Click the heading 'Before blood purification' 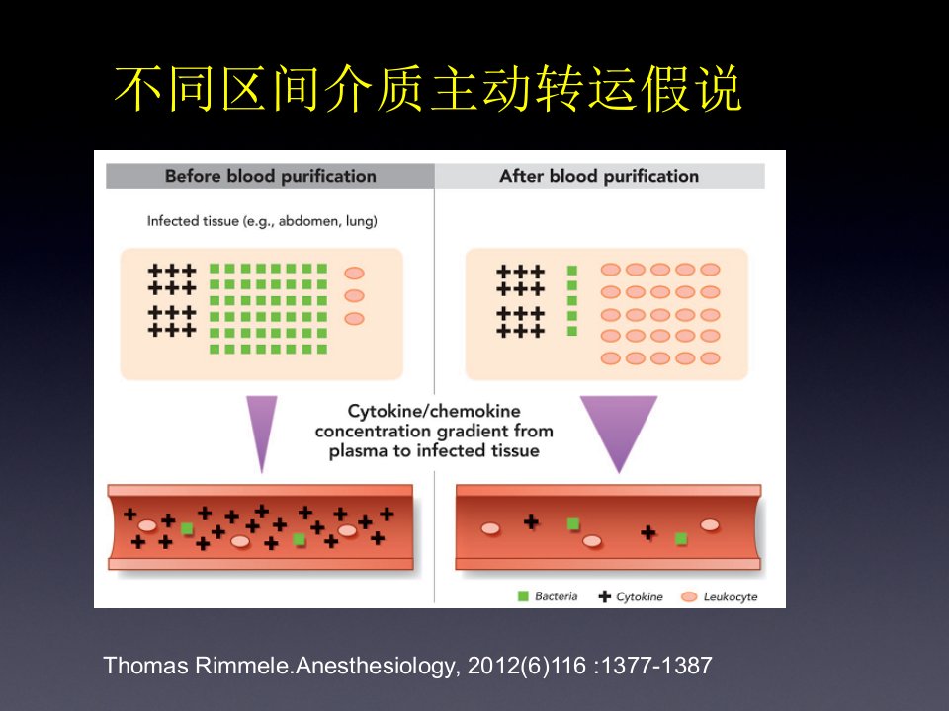(271, 176)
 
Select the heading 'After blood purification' (599, 176)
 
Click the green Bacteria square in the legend (524, 596)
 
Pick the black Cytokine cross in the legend (604, 596)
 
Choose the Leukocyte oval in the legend (689, 596)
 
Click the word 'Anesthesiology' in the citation (374, 666)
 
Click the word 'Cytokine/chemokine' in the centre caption (434, 411)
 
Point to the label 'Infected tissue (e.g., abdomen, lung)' (262, 221)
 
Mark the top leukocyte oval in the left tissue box (354, 274)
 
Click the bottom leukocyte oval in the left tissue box (354, 319)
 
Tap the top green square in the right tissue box (572, 271)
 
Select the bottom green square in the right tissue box (572, 331)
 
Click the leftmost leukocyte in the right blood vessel (490, 529)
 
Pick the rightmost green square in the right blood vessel (681, 538)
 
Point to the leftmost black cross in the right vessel (531, 521)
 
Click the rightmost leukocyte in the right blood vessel (710, 525)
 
